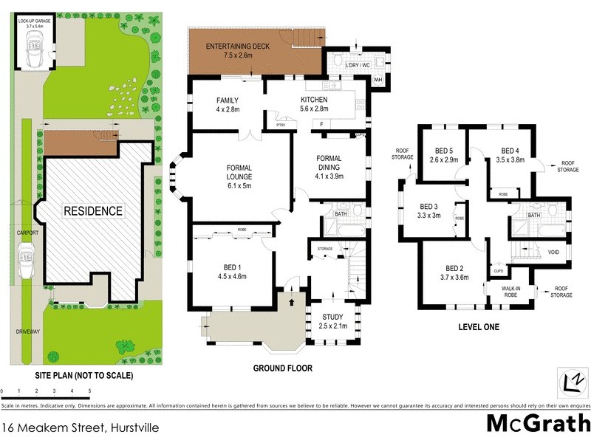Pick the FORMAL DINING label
(x=329, y=167)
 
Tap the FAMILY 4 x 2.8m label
(x=228, y=105)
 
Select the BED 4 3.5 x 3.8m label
(x=510, y=154)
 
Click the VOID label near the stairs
(x=553, y=253)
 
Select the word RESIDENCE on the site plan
(x=93, y=210)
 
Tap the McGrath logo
(x=538, y=423)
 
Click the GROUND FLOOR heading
(x=282, y=368)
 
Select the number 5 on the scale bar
(x=89, y=390)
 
